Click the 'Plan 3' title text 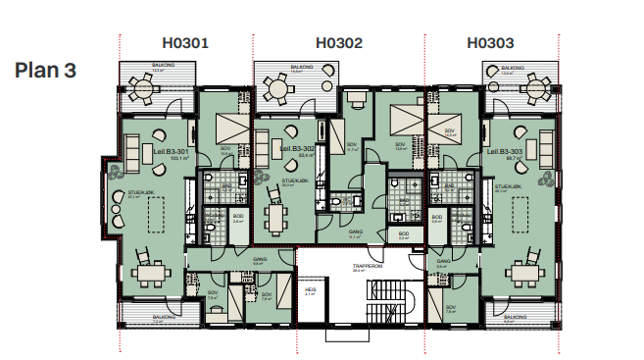pos(45,71)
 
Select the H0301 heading pos(186,43)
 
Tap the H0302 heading pos(339,43)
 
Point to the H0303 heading pos(491,43)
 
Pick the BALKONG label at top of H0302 pos(299,70)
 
